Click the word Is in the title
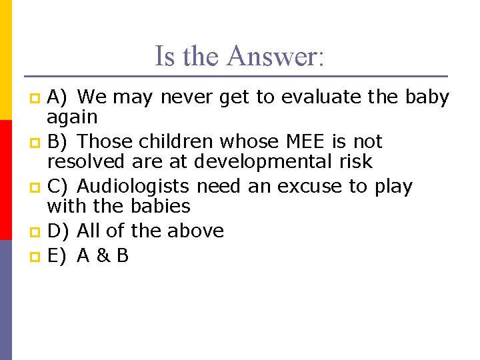point(164,56)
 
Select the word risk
point(355,161)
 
